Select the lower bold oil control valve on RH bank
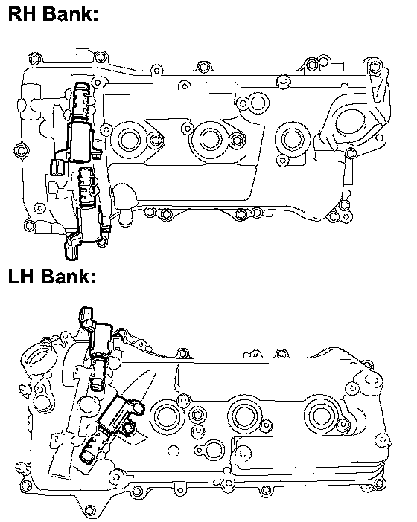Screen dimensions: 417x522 [87, 213]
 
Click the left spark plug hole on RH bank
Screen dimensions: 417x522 [127, 140]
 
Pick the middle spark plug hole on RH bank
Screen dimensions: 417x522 [210, 139]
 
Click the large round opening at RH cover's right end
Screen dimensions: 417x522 [351, 124]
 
